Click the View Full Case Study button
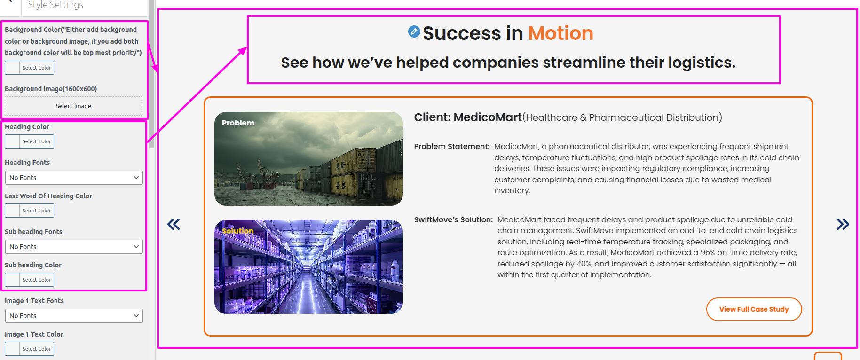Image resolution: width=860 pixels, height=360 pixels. (x=754, y=309)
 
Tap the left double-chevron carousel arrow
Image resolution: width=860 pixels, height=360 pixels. (x=174, y=224)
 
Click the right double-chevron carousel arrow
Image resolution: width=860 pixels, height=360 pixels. (x=843, y=224)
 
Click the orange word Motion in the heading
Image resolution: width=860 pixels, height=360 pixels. (x=560, y=33)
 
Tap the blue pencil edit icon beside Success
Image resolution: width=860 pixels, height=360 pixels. (x=414, y=31)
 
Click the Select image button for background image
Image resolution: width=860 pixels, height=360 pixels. (x=73, y=106)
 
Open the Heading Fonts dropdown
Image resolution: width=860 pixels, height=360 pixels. (x=74, y=178)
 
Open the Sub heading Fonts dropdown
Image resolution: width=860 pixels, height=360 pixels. (x=74, y=247)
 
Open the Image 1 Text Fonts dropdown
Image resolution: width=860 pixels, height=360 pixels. (x=74, y=316)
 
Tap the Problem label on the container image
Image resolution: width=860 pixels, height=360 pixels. (x=238, y=123)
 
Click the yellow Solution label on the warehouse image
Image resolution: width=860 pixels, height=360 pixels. (x=238, y=231)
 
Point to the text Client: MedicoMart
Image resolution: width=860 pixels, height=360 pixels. (x=468, y=117)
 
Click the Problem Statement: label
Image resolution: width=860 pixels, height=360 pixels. (x=452, y=147)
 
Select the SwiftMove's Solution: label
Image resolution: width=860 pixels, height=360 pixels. (x=453, y=220)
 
